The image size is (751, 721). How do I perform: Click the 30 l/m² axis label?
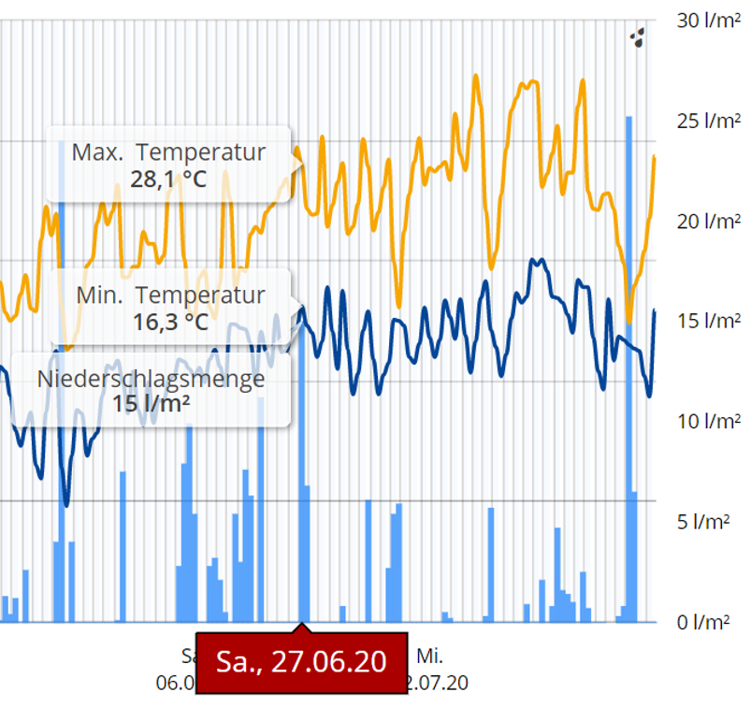707,22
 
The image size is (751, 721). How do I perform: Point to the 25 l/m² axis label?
707,122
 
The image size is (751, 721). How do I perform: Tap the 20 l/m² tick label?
707,222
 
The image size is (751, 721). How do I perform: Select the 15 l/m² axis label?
707,322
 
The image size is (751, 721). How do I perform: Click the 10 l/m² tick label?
707,422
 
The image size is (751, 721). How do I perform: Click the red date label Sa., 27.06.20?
301,662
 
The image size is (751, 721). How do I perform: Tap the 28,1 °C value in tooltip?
169,180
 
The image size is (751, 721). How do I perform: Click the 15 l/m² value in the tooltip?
152,404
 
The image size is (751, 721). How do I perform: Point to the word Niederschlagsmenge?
152,379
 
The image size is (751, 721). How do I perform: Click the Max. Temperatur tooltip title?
169,153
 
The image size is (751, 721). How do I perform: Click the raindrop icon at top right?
638,38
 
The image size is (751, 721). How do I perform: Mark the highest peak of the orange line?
476,77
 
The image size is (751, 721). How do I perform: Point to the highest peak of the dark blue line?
534,260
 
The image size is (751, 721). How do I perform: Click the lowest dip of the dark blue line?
65,503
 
